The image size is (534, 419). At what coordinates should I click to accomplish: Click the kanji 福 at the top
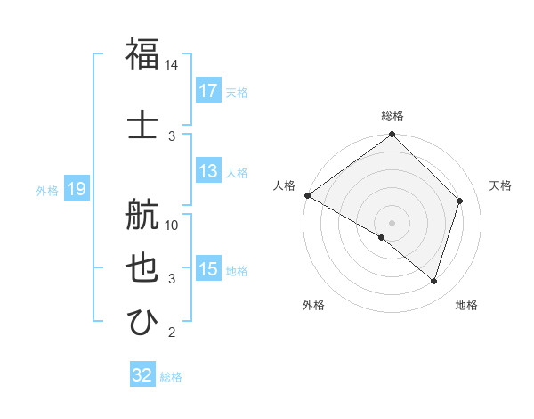[143, 53]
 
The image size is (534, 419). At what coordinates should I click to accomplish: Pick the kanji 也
[143, 268]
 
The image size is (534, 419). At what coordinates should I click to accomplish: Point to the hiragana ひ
[143, 320]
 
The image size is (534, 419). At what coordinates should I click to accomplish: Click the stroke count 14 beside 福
[172, 66]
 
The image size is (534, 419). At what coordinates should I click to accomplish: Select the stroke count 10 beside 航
[172, 225]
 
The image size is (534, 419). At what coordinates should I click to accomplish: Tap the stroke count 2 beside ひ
[172, 333]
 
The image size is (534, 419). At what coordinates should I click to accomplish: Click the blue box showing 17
[208, 90]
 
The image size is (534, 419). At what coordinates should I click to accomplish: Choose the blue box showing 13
[208, 170]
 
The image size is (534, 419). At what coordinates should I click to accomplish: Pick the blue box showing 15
[208, 269]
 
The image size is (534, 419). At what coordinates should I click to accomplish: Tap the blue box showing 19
[76, 188]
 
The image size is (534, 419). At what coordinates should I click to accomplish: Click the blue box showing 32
[142, 375]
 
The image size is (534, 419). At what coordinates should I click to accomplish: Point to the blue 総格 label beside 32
[172, 377]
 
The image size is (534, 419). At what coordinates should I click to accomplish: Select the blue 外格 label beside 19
[47, 190]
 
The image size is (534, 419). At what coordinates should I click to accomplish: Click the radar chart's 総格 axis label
[392, 116]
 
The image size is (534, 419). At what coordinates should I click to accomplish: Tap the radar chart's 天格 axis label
[501, 185]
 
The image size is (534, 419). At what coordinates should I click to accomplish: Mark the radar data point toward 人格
[307, 195]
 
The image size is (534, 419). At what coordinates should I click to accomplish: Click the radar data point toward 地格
[434, 282]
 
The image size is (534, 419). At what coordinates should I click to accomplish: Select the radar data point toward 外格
[382, 237]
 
